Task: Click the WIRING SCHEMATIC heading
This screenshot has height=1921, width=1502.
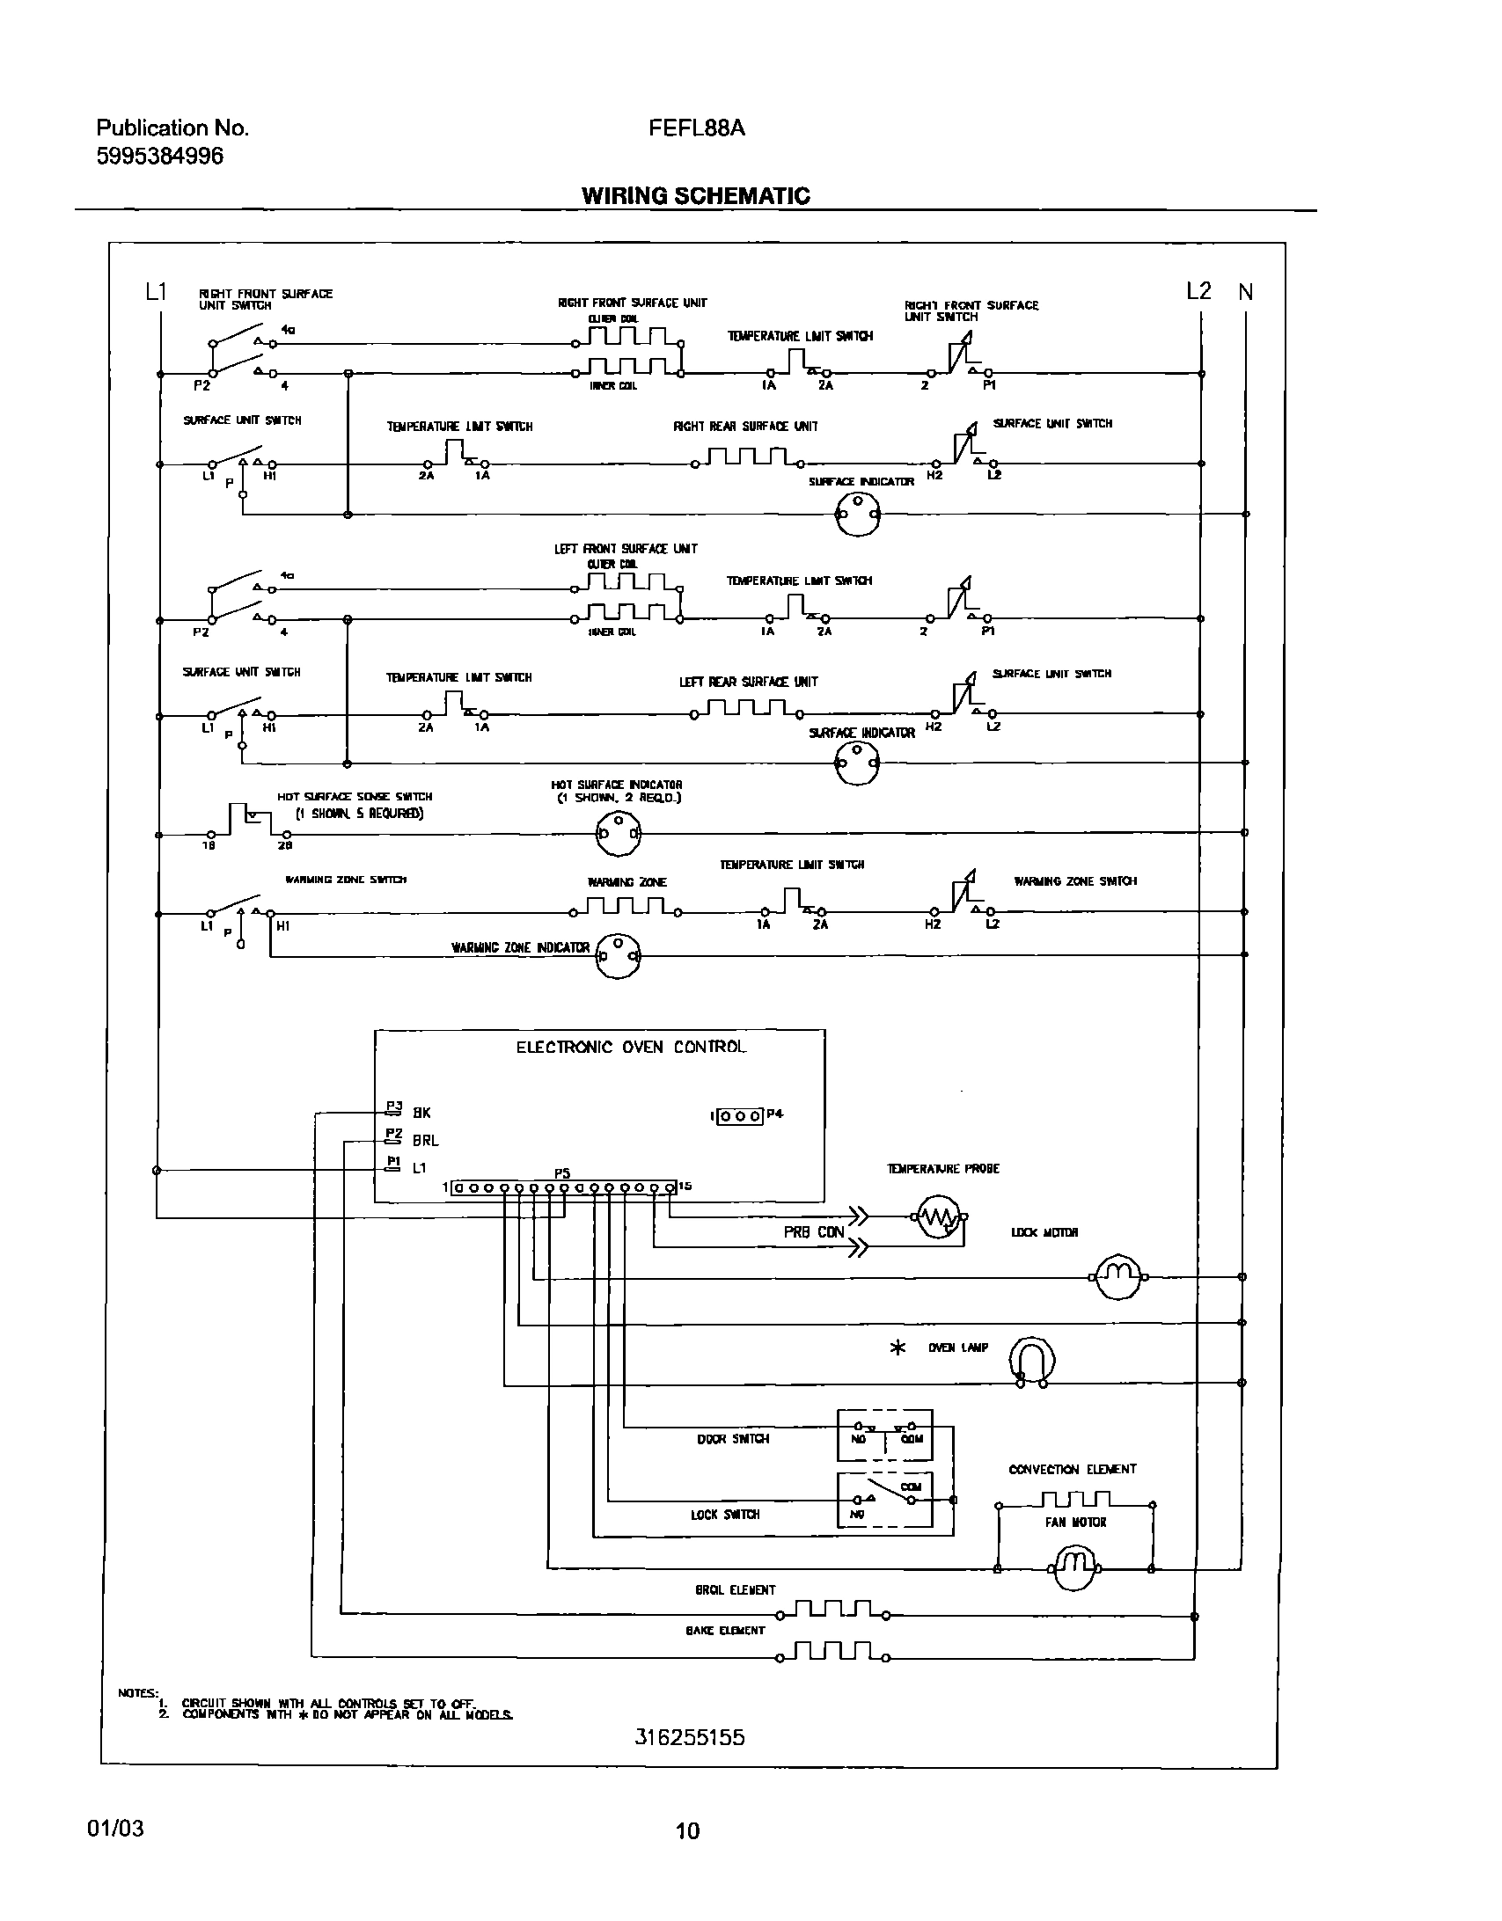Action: (x=695, y=195)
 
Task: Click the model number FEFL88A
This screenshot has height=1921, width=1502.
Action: (x=696, y=128)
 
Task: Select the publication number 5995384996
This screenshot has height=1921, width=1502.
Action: (x=159, y=157)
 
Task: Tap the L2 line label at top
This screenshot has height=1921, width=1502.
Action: (x=1198, y=291)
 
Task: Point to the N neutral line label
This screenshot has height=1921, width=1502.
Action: (x=1245, y=292)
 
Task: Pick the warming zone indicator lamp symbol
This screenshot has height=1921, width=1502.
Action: (x=618, y=954)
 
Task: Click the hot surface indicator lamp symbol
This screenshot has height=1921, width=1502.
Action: (x=618, y=832)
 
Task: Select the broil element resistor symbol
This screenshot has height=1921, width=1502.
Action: (x=832, y=1611)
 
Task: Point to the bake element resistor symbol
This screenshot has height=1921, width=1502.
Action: (x=832, y=1653)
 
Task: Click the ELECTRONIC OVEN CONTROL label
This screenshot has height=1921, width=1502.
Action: (x=630, y=1047)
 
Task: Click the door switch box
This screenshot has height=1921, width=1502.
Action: (x=883, y=1435)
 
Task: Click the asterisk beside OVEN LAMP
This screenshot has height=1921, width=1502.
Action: (x=898, y=1348)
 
